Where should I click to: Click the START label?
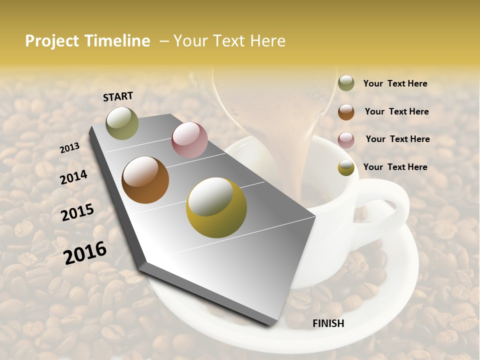tap(118, 96)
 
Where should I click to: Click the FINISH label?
tap(328, 323)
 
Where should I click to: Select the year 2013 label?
tap(70, 147)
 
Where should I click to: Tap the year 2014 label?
tap(73, 177)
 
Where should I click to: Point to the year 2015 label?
tap(77, 212)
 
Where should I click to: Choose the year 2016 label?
tap(85, 252)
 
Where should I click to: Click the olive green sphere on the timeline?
tap(122, 123)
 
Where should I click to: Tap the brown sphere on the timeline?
tap(145, 180)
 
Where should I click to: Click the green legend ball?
tap(346, 83)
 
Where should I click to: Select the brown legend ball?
tap(346, 112)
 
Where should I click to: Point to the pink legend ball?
tap(346, 140)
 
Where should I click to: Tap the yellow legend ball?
tap(346, 167)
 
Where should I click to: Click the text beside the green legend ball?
tap(395, 83)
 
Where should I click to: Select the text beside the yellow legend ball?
tap(395, 167)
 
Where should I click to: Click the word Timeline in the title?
tap(117, 41)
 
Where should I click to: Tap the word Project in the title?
tap(51, 41)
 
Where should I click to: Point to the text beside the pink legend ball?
tap(397, 139)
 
